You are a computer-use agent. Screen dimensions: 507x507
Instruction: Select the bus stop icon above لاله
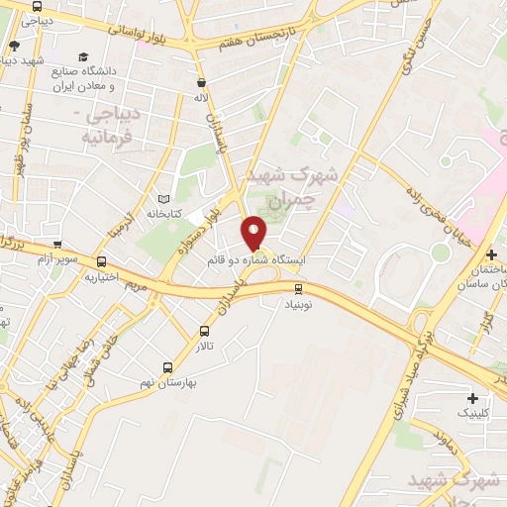click(202, 84)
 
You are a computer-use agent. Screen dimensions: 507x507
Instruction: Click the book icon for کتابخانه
click(163, 198)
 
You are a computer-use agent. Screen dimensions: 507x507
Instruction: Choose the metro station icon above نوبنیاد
click(299, 288)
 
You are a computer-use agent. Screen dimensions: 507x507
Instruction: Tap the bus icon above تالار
click(205, 332)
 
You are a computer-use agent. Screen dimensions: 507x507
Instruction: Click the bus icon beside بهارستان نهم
click(166, 366)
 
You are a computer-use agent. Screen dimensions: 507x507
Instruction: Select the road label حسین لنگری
click(414, 40)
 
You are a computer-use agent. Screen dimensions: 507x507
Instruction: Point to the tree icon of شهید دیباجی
click(14, 45)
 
